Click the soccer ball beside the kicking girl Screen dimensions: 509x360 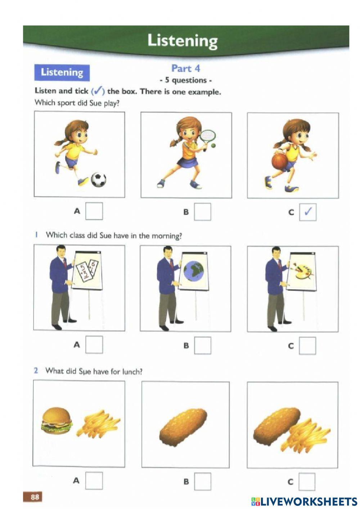[x=98, y=179]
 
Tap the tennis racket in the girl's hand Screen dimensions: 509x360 [x=208, y=137]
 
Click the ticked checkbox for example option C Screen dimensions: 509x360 [x=308, y=212]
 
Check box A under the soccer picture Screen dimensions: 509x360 [x=94, y=211]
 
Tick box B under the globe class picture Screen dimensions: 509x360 [x=202, y=345]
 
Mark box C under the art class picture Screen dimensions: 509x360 [x=307, y=346]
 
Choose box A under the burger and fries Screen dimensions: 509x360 [x=94, y=481]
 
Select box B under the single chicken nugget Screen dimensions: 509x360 [x=202, y=481]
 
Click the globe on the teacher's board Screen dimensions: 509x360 [x=193, y=271]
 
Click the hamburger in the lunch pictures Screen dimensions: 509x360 [x=57, y=419]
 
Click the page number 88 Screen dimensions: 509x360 [x=35, y=497]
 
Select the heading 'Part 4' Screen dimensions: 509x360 [x=185, y=68]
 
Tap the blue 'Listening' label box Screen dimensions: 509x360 [x=62, y=72]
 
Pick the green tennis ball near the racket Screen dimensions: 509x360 [x=213, y=146]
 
